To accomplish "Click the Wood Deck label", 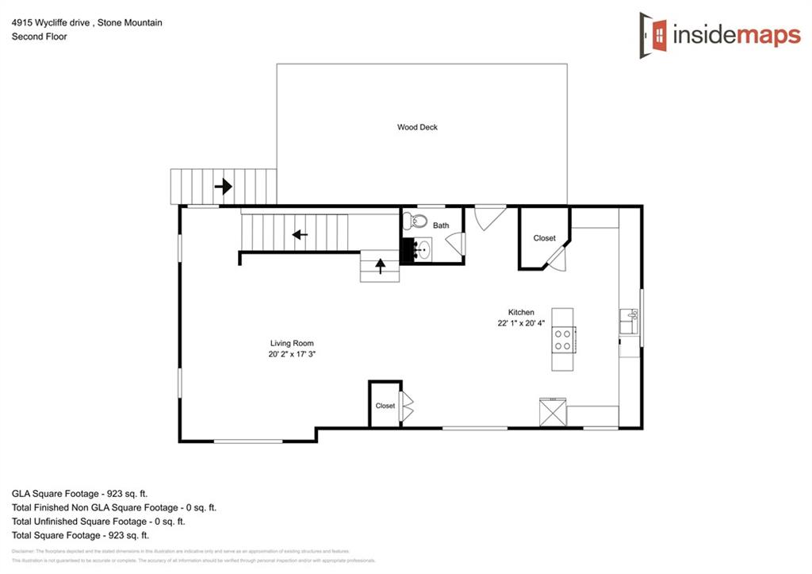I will coord(417,127).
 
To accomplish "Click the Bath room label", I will coord(441,225).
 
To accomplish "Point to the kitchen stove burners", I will coord(563,340).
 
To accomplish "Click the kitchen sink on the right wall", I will coord(629,322).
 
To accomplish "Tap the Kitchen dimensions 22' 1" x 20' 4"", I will coord(521,323).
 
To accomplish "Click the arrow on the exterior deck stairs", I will coord(224,187).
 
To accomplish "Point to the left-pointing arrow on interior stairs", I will coord(299,234).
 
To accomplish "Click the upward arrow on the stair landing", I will coord(380,266).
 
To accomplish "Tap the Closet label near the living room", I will coord(385,406).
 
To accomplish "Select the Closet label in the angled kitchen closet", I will coord(544,238).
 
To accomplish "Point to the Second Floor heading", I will coord(39,37).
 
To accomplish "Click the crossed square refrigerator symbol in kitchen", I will coord(552,413).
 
